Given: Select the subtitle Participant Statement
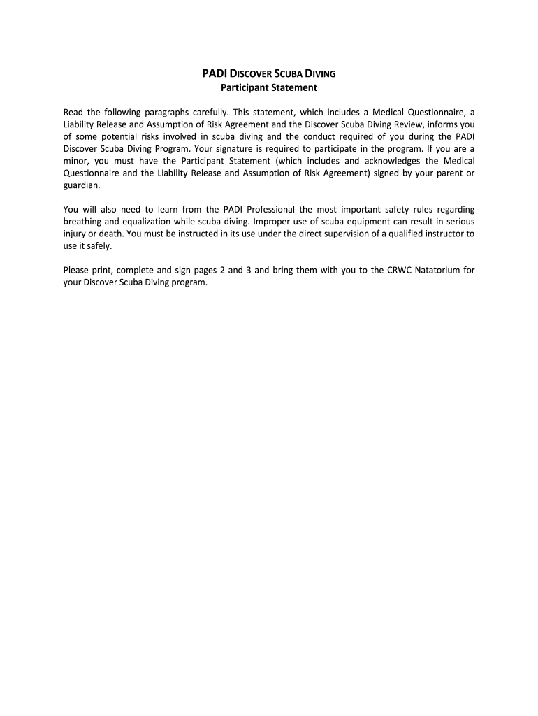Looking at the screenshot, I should coord(269,88).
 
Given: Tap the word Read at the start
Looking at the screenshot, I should coord(74,113).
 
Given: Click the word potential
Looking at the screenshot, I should coord(117,137).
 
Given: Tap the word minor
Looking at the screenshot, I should coord(77,162).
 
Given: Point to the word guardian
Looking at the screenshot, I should coord(82,186).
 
